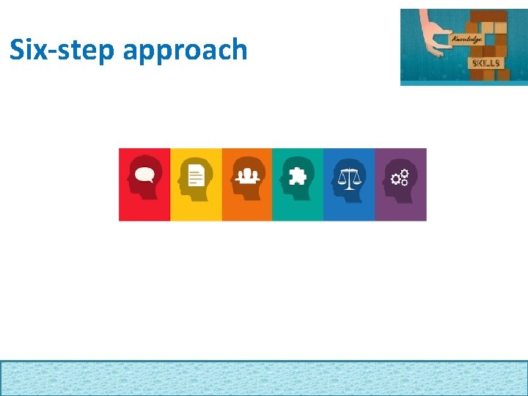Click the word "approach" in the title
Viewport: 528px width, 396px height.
pos(186,51)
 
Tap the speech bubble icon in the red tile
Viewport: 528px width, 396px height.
pos(144,174)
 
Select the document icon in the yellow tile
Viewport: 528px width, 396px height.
pos(196,175)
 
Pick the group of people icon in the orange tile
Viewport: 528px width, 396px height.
pos(247,176)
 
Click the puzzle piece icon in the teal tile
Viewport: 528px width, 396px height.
pos(298,176)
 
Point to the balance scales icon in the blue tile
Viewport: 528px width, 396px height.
pos(349,177)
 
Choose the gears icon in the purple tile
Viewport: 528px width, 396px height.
pos(400,177)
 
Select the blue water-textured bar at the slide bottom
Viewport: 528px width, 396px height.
pos(264,378)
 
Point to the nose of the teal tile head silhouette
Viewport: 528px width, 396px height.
pos(281,180)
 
